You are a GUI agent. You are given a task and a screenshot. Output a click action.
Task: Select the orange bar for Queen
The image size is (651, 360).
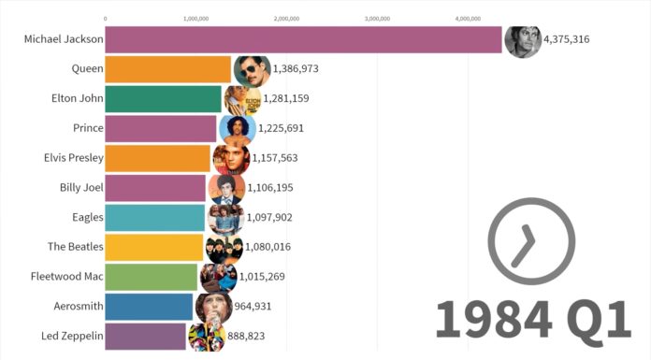click(x=167, y=69)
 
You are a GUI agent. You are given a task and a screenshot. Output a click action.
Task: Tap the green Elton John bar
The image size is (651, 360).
click(x=163, y=98)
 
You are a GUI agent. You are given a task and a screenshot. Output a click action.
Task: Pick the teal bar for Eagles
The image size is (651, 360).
click(x=153, y=217)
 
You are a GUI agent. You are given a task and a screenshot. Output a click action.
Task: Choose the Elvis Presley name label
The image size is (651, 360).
click(x=73, y=158)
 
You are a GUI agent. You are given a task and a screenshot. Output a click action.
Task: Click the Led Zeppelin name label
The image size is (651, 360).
click(x=72, y=336)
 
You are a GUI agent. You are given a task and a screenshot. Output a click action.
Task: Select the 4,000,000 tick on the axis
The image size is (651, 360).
click(x=468, y=18)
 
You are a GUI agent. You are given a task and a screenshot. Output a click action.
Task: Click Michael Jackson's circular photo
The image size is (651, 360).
click(x=521, y=40)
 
